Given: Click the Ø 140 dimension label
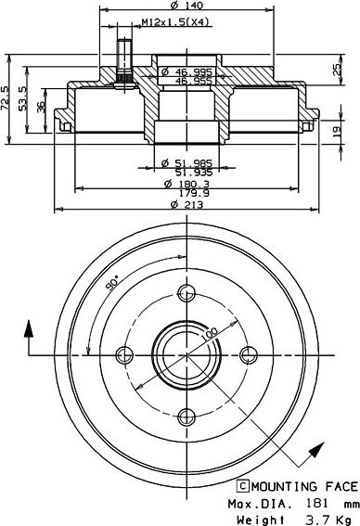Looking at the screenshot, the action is (186, 5).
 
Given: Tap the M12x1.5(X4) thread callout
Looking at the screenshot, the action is (175, 22).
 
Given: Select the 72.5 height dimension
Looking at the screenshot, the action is (6, 98).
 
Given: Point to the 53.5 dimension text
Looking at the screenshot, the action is (22, 98).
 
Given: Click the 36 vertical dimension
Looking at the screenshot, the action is (41, 107).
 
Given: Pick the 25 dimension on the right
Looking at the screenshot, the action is (336, 69).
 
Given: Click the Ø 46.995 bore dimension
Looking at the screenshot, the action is (186, 71).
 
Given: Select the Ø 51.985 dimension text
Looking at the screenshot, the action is (186, 163).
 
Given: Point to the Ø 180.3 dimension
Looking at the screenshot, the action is (186, 184).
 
